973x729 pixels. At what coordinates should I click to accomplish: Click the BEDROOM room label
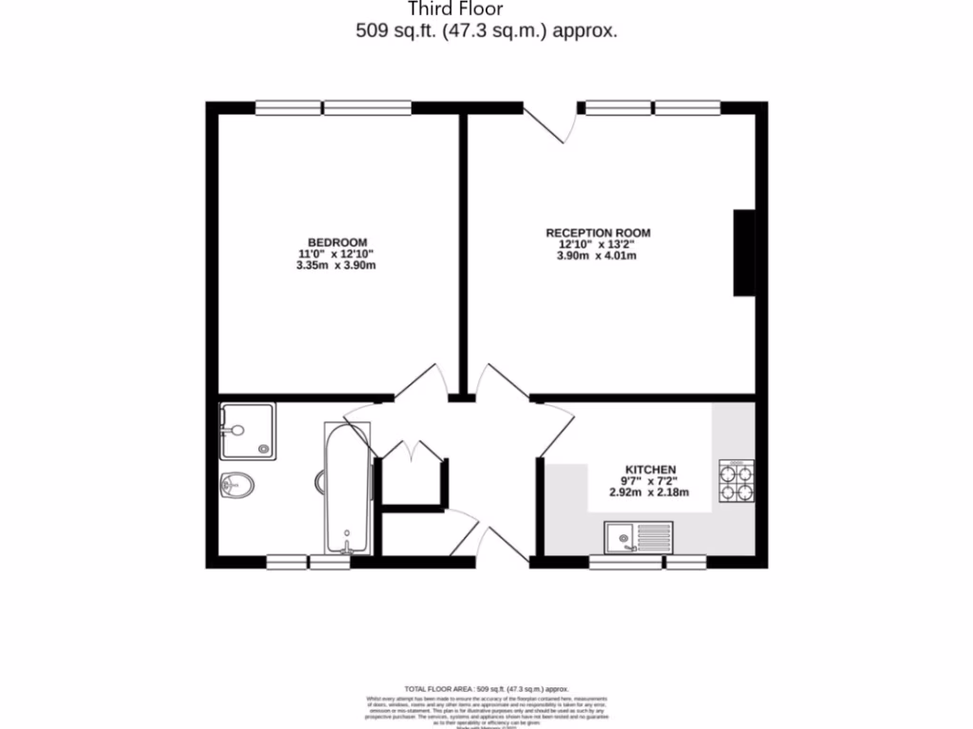[336, 242]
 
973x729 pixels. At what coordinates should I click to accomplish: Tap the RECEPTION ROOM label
[598, 233]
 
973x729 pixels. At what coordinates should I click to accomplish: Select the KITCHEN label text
[650, 469]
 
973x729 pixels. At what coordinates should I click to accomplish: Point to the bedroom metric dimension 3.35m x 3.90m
[336, 266]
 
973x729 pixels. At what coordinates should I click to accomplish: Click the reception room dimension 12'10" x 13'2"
[597, 244]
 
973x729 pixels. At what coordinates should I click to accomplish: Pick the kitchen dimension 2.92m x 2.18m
[649, 493]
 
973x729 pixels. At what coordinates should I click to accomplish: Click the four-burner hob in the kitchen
[737, 480]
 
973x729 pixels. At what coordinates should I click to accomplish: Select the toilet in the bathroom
[238, 486]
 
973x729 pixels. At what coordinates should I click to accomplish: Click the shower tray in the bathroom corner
[247, 431]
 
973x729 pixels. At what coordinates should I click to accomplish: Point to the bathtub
[347, 489]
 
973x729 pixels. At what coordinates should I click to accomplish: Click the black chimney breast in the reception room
[744, 253]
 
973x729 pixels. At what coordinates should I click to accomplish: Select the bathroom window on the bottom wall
[308, 563]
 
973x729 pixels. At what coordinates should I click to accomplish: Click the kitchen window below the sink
[647, 563]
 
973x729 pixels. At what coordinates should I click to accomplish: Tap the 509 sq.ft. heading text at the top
[486, 30]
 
